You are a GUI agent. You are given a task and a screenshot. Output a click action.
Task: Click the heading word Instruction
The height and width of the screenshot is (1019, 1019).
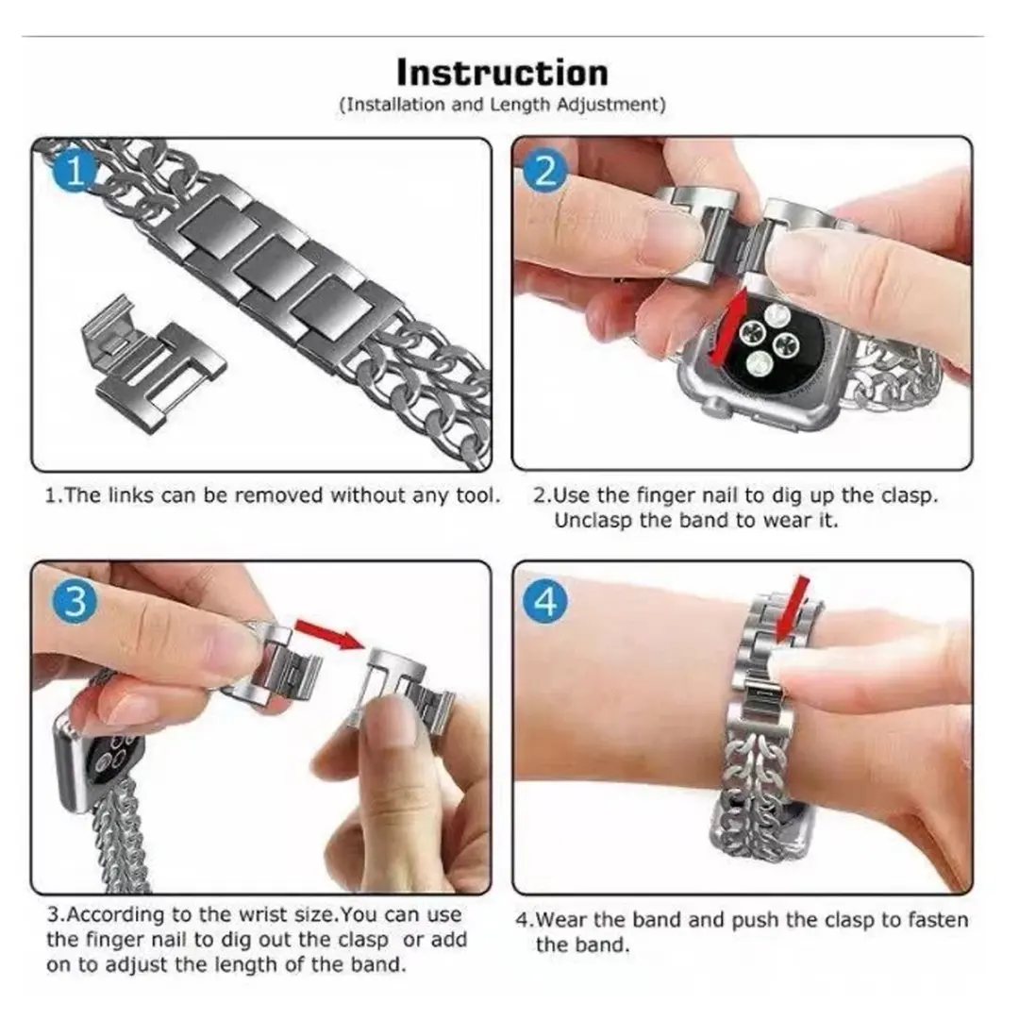point(501,73)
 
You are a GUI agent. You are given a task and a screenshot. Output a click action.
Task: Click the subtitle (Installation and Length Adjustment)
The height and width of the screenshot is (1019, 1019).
point(501,105)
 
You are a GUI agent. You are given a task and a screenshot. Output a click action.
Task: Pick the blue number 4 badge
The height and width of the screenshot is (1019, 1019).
point(546,600)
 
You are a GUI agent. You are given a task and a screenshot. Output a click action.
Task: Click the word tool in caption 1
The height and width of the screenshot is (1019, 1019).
point(477,495)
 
